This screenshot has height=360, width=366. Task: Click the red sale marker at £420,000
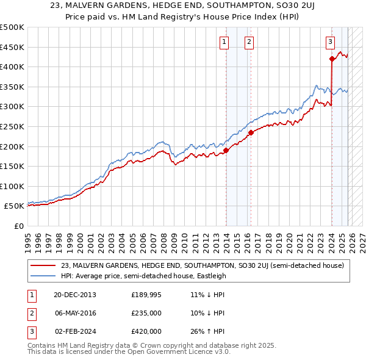332,59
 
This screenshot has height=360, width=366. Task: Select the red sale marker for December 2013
226,150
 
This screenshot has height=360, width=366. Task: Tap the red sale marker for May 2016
251,132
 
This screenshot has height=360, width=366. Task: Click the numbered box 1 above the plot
224,42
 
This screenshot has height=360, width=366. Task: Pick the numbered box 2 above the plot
249,42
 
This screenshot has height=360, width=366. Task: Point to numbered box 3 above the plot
330,42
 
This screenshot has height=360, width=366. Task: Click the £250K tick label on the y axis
12,126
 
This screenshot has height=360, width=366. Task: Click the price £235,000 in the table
146,313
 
